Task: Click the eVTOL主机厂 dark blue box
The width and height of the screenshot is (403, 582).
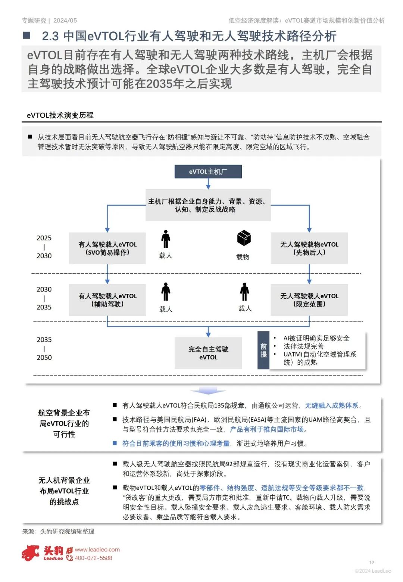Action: tap(208, 172)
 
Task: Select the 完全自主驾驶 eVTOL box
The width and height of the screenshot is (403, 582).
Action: tap(208, 353)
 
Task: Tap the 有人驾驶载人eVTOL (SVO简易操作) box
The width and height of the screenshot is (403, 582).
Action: tap(107, 248)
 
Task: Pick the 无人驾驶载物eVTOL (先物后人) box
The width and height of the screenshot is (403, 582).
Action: tap(309, 248)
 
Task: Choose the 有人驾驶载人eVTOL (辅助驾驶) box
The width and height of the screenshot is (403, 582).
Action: tap(107, 300)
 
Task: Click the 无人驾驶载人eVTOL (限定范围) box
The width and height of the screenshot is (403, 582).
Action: tap(309, 300)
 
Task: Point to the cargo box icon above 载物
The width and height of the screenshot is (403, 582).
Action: tap(244, 238)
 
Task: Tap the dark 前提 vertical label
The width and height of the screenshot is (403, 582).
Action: tap(263, 350)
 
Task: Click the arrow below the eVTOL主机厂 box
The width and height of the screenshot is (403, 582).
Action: tap(208, 184)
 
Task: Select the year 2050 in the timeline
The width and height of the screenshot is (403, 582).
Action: tap(44, 357)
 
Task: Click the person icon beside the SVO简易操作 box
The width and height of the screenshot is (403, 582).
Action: tap(166, 239)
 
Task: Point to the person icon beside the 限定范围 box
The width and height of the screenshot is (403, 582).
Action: tap(245, 292)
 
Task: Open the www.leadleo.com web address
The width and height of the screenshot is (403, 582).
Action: tap(97, 550)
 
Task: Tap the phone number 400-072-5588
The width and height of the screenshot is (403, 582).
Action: tap(93, 558)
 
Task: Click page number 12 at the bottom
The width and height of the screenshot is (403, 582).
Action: tap(372, 563)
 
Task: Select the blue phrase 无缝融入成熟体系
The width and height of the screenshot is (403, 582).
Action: tap(332, 405)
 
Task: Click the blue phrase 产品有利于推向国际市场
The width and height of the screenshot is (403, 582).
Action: tap(267, 429)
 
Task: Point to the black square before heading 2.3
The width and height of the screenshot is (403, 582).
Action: tap(26, 35)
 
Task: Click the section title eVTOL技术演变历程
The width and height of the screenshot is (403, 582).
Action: tap(60, 115)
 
